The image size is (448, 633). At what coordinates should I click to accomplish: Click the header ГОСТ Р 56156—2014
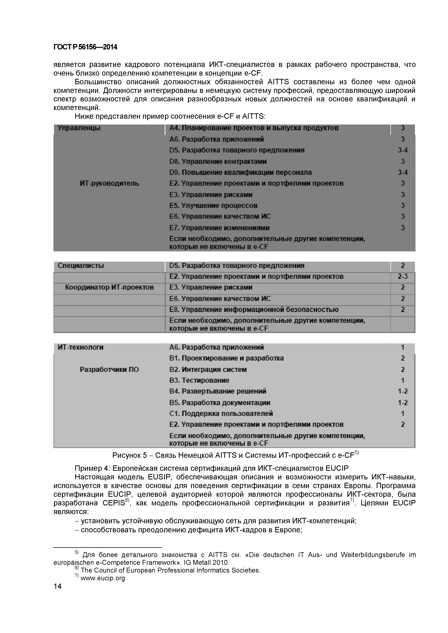85,47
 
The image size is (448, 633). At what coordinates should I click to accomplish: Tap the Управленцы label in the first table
79,128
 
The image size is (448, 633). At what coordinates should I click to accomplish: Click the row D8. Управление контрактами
218,161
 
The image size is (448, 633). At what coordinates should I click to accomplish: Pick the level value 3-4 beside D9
402,173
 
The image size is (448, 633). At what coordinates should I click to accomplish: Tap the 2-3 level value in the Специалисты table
402,276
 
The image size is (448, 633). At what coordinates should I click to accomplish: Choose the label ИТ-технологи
81,347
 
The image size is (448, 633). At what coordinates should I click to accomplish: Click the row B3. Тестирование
199,380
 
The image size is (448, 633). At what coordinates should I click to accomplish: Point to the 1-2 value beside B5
402,403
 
